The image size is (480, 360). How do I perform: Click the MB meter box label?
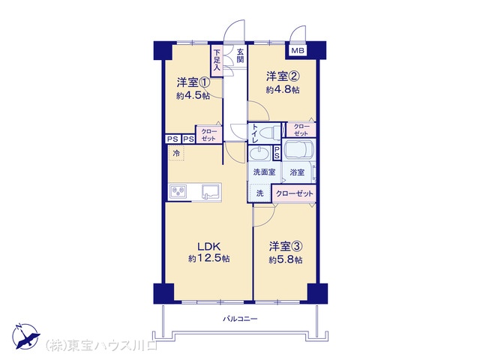298,51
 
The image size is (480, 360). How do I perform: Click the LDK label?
208,245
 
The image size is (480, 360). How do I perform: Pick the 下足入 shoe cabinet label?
217,61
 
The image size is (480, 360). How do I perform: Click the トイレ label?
256,133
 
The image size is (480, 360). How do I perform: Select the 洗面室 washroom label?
263,172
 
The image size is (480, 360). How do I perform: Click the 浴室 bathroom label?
298,172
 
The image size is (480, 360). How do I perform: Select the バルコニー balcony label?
240,319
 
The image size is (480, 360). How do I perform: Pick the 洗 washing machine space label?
260,193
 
